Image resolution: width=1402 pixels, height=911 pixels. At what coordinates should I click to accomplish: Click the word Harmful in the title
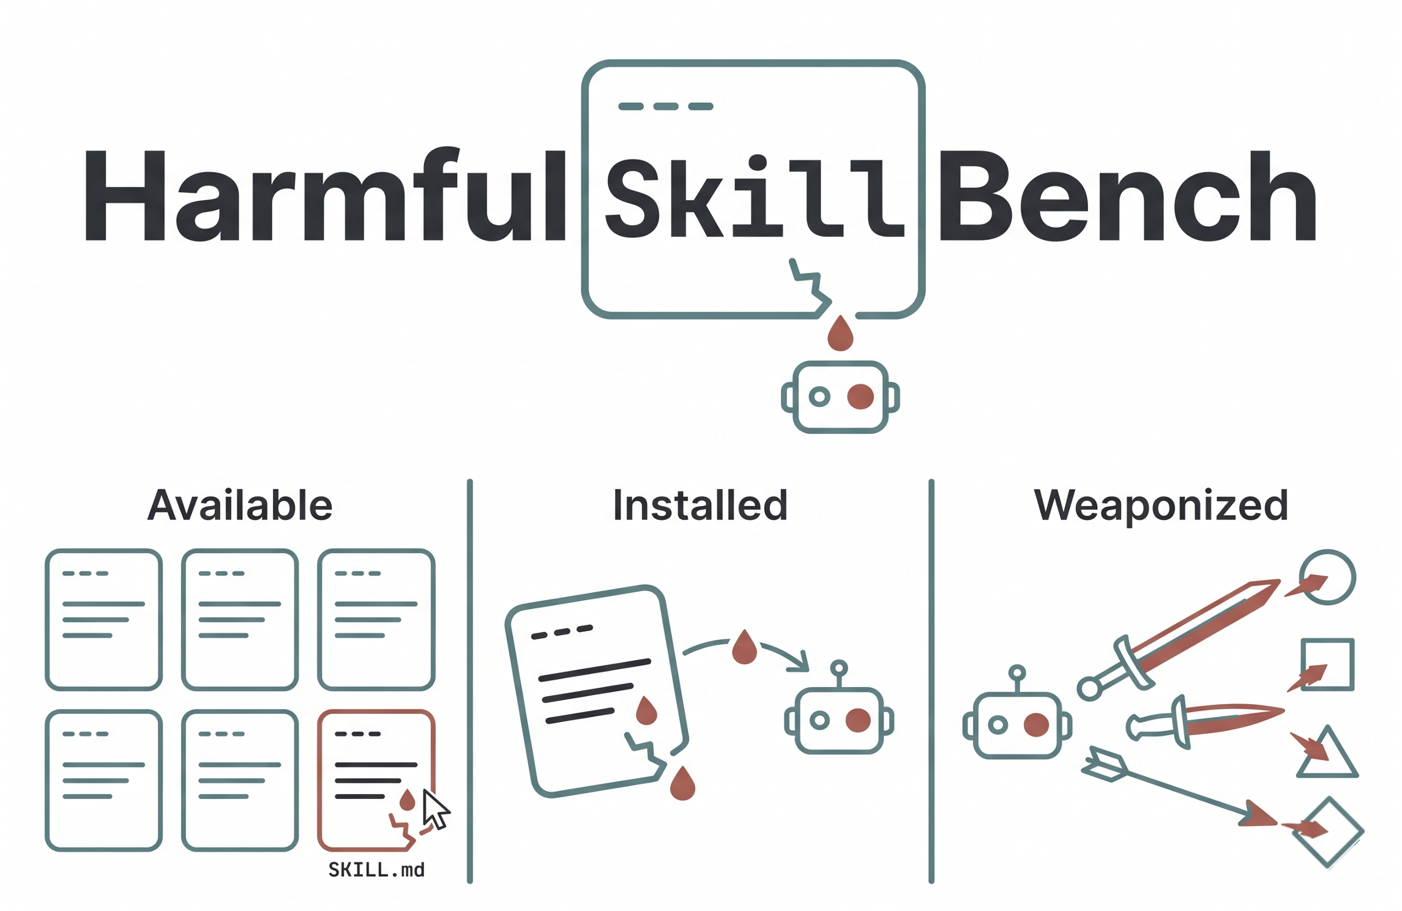coord(324,196)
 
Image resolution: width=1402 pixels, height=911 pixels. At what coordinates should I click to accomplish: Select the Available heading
coord(240,505)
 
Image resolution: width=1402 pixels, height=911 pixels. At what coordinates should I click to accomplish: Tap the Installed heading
coord(700,505)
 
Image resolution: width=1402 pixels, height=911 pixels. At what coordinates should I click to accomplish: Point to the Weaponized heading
coord(1161,505)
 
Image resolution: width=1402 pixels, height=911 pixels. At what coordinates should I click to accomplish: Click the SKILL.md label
coord(376,870)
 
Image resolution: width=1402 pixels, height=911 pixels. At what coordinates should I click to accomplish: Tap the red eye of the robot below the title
coord(860,396)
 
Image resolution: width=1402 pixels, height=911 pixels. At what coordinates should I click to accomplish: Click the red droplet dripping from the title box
coord(840,334)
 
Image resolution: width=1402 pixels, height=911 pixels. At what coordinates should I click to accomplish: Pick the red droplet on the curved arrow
coord(744,647)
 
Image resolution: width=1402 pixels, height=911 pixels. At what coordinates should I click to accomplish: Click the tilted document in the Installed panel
coord(597,691)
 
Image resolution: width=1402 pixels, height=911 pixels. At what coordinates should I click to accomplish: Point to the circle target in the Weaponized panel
coord(1327,578)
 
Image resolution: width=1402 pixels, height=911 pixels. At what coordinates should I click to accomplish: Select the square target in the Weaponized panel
coord(1327,665)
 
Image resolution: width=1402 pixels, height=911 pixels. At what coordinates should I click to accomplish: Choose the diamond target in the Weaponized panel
coord(1328,832)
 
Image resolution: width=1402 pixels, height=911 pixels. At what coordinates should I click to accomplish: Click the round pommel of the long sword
coord(1089,689)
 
